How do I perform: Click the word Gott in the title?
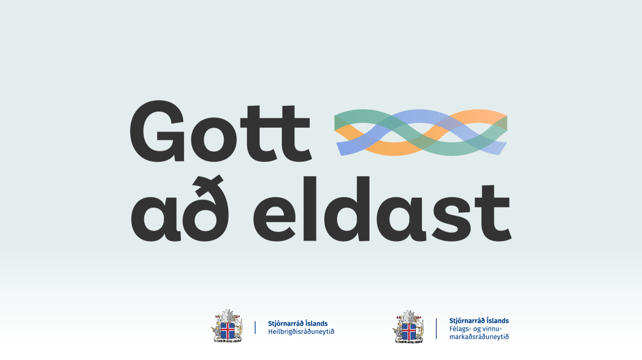[x=221, y=131]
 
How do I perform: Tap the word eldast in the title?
[x=382, y=208]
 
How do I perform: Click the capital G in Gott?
[x=157, y=131]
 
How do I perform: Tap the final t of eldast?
[x=493, y=213]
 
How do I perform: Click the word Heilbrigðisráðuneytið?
[x=301, y=332]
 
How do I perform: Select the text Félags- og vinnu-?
[x=476, y=329]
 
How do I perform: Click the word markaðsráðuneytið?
[x=479, y=337]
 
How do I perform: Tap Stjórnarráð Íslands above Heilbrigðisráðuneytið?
[x=298, y=323]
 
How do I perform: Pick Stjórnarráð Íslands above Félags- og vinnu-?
[x=479, y=321]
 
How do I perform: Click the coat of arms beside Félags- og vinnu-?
[x=409, y=326]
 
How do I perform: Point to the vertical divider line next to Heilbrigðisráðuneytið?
[x=255, y=327]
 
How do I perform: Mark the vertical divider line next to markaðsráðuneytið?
[x=436, y=329]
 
